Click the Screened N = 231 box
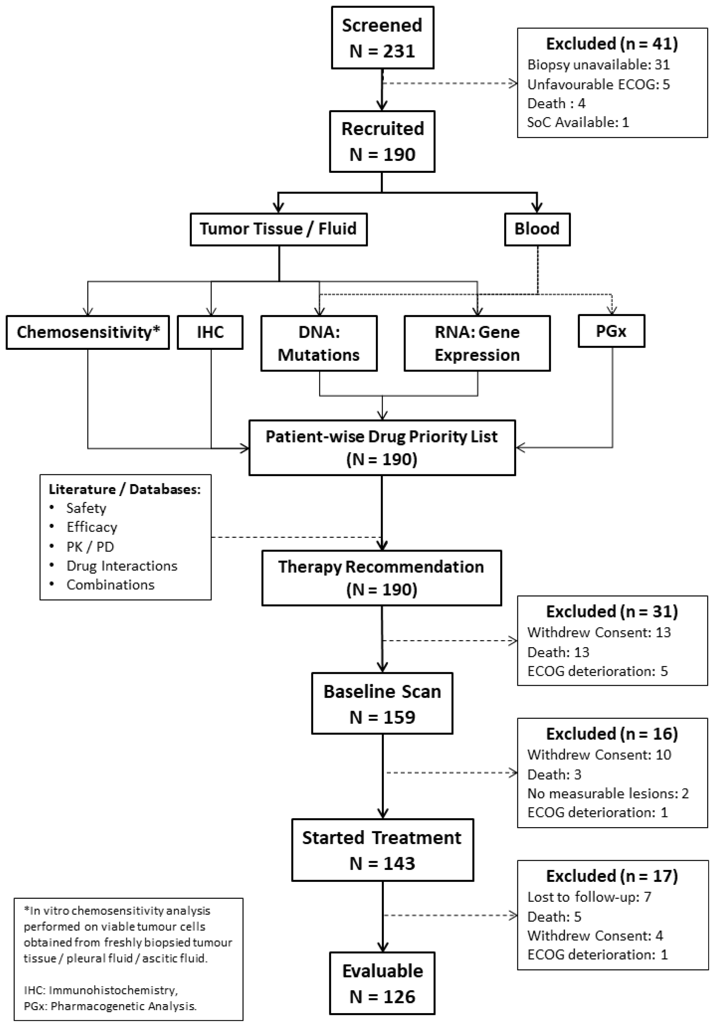(382, 37)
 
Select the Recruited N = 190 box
(382, 141)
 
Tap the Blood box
(537, 229)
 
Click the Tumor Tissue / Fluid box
(278, 229)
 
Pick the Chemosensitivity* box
(88, 332)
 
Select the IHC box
(210, 332)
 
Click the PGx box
(611, 331)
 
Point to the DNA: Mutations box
(319, 343)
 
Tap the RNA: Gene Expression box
(477, 343)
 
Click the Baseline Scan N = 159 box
(382, 704)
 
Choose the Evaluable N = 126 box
(382, 983)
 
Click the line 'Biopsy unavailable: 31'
(598, 65)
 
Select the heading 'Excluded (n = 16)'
(611, 733)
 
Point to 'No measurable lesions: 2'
(608, 793)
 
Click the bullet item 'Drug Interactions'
(122, 566)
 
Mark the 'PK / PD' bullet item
(90, 547)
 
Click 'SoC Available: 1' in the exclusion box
(578, 122)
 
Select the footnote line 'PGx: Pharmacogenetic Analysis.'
(110, 1006)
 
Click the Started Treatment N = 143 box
(382, 850)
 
